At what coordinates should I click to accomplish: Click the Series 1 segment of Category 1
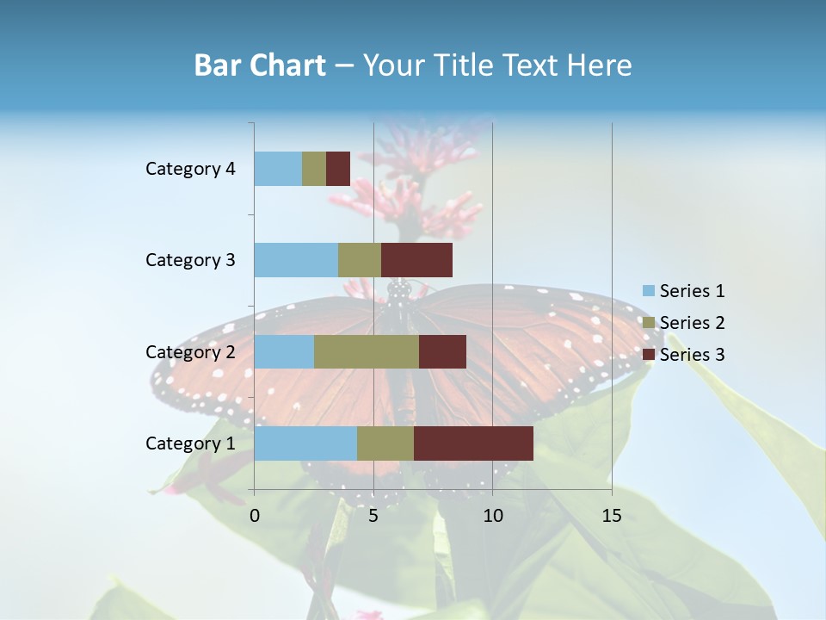point(305,443)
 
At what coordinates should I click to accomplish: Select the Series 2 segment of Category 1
point(385,443)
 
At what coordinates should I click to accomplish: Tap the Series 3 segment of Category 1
point(473,443)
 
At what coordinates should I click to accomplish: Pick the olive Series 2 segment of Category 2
point(367,351)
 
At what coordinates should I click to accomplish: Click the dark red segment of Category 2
point(442,351)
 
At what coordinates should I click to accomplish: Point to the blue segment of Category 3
point(296,260)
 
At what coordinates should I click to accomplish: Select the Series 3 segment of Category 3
point(416,260)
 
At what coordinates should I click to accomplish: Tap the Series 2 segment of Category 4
point(314,169)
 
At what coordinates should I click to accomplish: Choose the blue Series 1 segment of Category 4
point(278,169)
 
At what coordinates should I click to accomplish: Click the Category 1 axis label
point(190,443)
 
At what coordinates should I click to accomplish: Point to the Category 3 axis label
point(190,260)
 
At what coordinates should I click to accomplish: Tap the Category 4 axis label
point(190,169)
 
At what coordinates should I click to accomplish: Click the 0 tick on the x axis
point(255,516)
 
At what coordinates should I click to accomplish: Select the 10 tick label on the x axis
point(492,516)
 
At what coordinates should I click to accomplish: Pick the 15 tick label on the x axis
point(612,516)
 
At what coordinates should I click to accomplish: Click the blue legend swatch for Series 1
point(648,291)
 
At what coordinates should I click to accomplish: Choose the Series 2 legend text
point(692,323)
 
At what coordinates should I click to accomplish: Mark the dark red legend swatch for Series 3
point(648,355)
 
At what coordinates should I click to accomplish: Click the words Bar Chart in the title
point(260,65)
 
